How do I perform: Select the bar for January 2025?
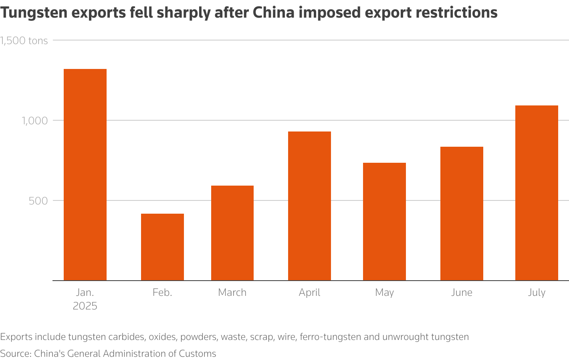(x=85, y=175)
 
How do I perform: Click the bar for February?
(x=162, y=247)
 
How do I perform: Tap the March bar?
(x=232, y=233)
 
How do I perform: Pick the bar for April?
(x=309, y=206)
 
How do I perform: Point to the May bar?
(x=384, y=222)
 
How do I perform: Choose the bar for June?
(x=462, y=214)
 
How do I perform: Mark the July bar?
(x=537, y=193)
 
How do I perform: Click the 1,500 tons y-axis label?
(x=24, y=40)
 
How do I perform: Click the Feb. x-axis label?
(x=162, y=293)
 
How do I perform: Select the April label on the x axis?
(x=309, y=293)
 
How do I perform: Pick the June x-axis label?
(x=462, y=293)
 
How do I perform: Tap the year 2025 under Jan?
(x=85, y=306)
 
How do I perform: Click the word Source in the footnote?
(x=15, y=354)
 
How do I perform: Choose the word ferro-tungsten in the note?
(x=330, y=337)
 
